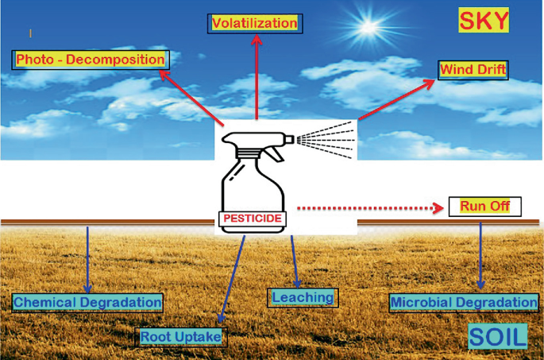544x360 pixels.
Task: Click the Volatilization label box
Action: pos(254,23)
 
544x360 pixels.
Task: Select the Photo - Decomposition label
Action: pos(91,60)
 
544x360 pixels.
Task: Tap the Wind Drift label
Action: pos(473,70)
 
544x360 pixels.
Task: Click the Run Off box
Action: pos(484,207)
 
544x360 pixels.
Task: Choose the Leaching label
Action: pos(302,297)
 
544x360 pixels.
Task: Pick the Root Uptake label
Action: pos(180,337)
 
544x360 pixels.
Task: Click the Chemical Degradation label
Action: pos(87,302)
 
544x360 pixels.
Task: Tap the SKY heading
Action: pos(484,21)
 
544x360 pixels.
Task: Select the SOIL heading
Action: pos(497,337)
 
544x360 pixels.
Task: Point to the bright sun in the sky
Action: pos(370,29)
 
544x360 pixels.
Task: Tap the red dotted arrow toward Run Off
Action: pos(365,208)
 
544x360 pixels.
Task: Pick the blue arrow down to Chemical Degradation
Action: pos(87,258)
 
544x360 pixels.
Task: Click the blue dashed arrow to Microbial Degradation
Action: pos(481,254)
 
